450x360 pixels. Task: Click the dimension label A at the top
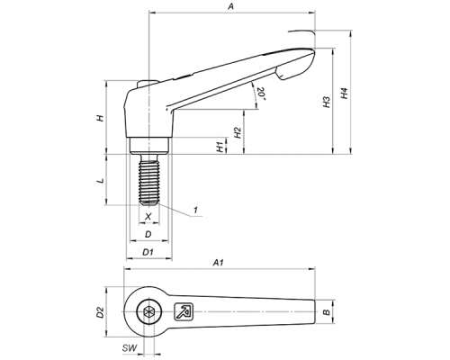point(230,6)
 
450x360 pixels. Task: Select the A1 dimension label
point(219,263)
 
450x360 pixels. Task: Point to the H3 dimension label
point(327,102)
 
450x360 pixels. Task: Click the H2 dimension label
point(238,132)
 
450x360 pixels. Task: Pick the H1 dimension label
point(220,147)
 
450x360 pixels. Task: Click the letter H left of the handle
point(101,118)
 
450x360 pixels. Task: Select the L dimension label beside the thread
point(102,181)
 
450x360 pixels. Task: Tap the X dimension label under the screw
point(148,216)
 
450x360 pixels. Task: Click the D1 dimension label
point(148,252)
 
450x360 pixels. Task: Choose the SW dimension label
point(130,348)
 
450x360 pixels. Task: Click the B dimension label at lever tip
point(327,312)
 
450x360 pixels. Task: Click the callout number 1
point(195,210)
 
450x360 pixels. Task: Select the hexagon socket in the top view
point(148,311)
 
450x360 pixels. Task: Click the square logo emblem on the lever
point(184,311)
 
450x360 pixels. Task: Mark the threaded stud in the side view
point(148,179)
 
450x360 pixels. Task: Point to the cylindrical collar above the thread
point(148,146)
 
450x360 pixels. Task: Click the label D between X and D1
point(148,234)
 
